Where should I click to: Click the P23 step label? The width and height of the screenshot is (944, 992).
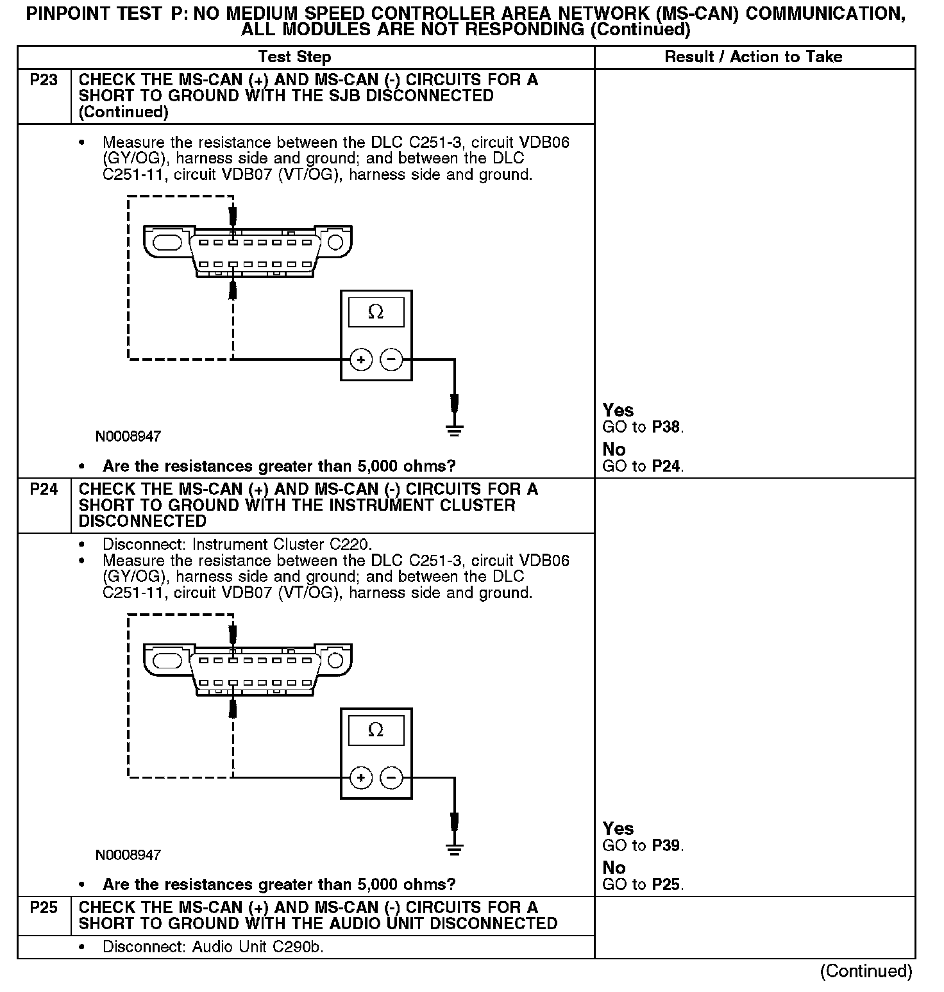44,80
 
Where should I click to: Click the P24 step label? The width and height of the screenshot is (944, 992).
44,490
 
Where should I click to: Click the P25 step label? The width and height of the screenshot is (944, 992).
44,908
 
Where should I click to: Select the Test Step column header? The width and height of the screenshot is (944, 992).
295,57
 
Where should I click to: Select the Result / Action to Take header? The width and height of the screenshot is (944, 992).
753,57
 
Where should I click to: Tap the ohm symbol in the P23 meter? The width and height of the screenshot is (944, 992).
376,313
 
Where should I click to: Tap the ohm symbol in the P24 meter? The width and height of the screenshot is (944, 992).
376,731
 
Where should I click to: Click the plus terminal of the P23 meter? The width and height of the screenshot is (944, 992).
361,360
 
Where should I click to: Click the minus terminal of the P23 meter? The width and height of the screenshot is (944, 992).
392,360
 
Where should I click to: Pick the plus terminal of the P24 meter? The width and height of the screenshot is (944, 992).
361,778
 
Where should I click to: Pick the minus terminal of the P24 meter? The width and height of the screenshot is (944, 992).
392,778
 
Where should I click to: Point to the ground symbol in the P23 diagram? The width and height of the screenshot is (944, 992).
454,429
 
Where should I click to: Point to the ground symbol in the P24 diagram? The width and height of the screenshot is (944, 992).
454,848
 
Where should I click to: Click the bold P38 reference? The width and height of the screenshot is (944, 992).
666,427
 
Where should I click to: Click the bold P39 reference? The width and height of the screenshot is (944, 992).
666,846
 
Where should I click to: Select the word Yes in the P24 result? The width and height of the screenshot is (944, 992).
618,829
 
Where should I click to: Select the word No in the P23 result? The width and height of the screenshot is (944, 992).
614,449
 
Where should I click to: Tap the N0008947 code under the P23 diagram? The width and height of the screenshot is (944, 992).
128,437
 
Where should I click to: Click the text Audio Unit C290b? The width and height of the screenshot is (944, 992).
258,947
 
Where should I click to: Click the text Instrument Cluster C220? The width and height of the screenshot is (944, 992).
282,545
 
